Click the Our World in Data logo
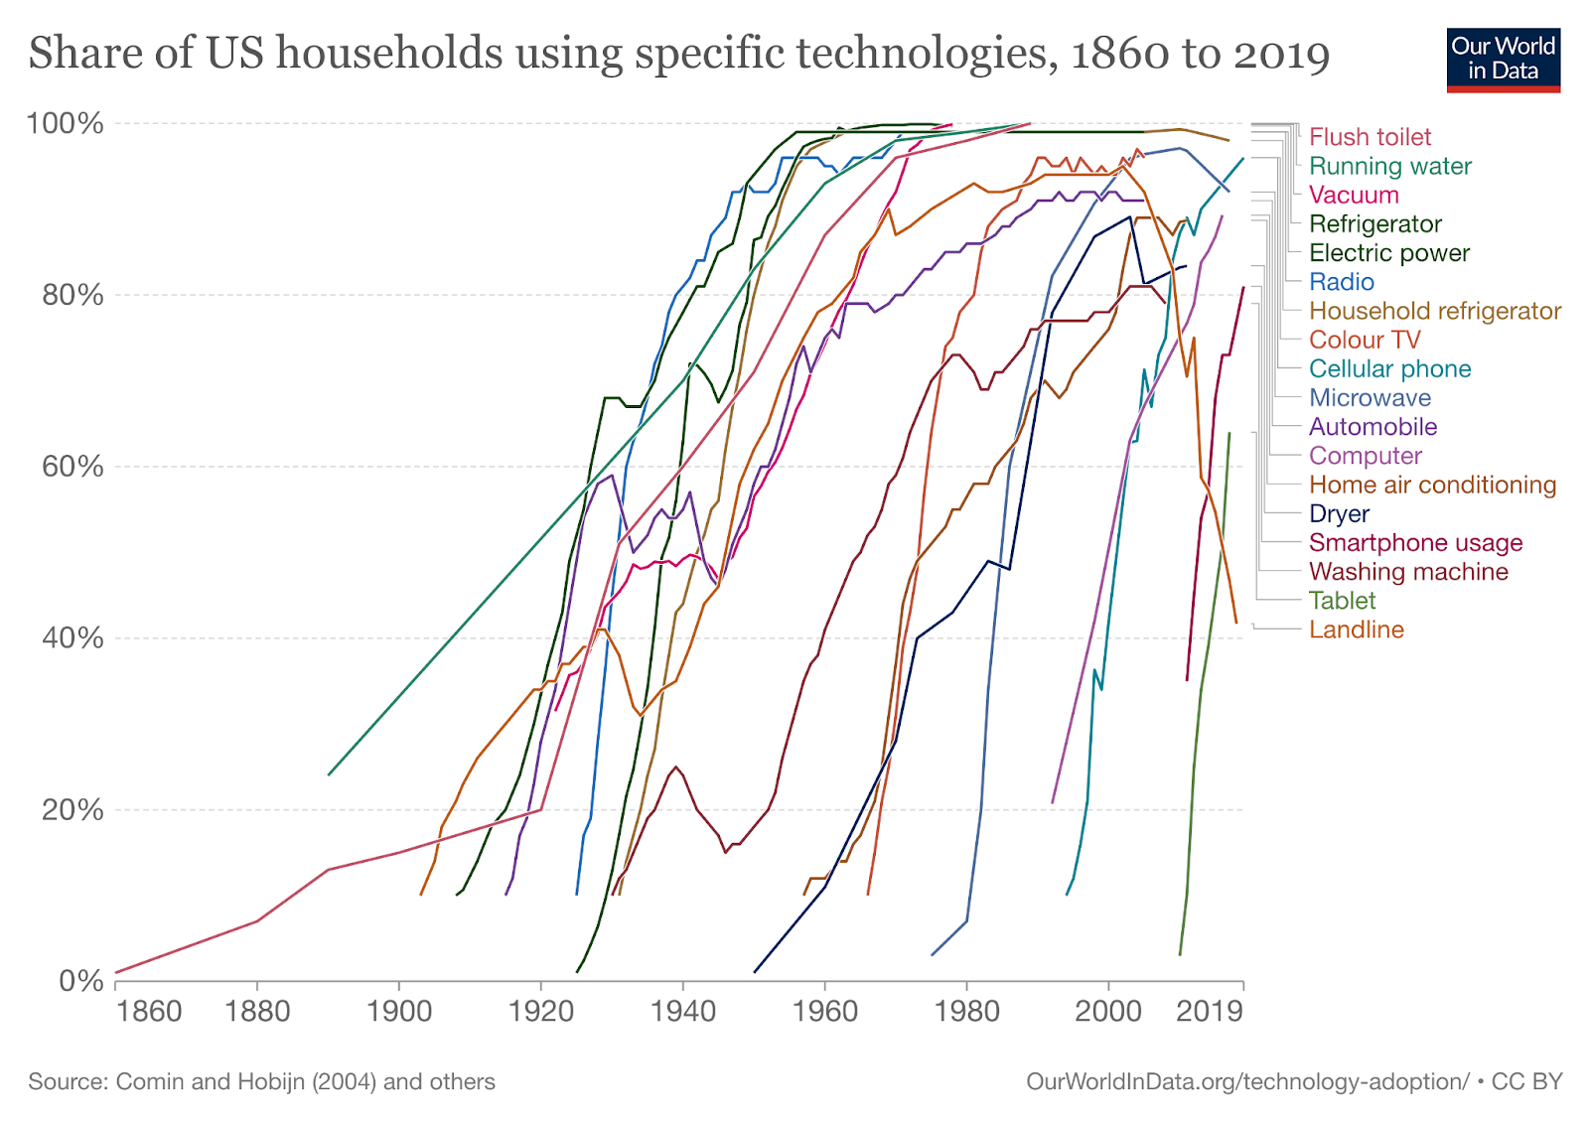click(1503, 60)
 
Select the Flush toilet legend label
click(1370, 137)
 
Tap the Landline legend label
click(1356, 630)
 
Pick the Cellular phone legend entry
click(1389, 369)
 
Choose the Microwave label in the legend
click(1370, 398)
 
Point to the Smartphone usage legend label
click(1415, 543)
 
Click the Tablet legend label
click(1342, 601)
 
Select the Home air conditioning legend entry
click(1432, 485)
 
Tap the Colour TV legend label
click(1365, 340)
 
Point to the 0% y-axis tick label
click(81, 981)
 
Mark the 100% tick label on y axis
click(65, 124)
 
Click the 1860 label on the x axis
click(149, 1012)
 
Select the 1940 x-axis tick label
click(683, 1012)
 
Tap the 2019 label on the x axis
click(1209, 1012)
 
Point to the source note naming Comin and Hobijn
click(261, 1081)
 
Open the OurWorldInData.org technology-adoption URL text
click(1247, 1081)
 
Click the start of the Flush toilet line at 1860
click(116, 972)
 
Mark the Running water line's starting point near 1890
click(329, 774)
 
